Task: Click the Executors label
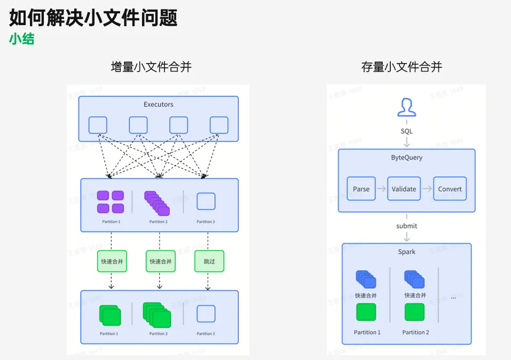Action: (x=159, y=105)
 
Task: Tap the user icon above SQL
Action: (x=407, y=107)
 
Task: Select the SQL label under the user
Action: (x=407, y=131)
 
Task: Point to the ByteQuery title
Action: (x=407, y=158)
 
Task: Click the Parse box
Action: (x=361, y=189)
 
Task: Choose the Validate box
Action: (x=405, y=189)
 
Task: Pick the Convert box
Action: (x=450, y=189)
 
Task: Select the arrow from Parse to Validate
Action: (x=382, y=189)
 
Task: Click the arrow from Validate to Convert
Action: (x=427, y=189)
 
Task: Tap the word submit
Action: (x=407, y=226)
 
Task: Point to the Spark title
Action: (x=407, y=252)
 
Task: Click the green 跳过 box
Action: (x=209, y=261)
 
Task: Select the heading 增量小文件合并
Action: (x=151, y=67)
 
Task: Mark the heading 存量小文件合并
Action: (x=402, y=67)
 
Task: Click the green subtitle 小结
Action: (x=21, y=38)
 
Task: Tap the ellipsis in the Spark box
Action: (x=453, y=297)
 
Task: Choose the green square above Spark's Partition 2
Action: (x=414, y=312)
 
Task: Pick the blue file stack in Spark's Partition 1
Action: (x=366, y=279)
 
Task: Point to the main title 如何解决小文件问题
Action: (x=93, y=18)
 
